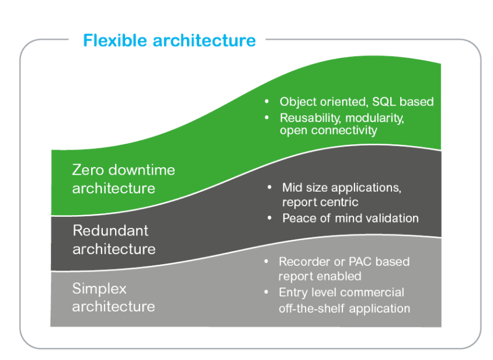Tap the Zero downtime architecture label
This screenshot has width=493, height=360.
coord(123,179)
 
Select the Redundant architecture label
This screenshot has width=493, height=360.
coord(114,240)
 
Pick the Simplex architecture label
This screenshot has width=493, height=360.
coord(113,297)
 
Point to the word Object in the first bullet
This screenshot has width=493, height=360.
coord(298,102)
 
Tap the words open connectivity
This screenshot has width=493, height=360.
coord(328,130)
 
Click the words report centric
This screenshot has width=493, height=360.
coord(320,202)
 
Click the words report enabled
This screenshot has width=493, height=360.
coord(320,276)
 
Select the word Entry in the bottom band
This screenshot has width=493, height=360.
coord(292,292)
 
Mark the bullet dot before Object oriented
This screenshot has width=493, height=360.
coord(266,102)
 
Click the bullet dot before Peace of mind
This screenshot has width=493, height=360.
coord(270,218)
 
